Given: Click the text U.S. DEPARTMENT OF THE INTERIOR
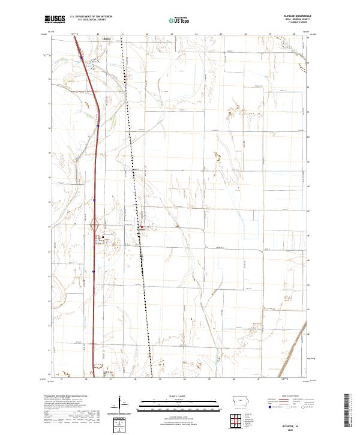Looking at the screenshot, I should point(91,17).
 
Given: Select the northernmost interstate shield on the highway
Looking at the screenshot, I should point(82,58).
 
